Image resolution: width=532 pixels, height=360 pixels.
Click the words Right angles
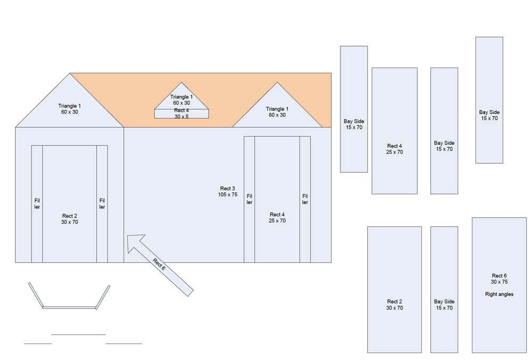pyautogui.click(x=499, y=294)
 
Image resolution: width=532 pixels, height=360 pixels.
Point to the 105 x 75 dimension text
pyautogui.click(x=228, y=195)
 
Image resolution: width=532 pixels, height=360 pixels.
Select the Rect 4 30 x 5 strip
pyautogui.click(x=181, y=114)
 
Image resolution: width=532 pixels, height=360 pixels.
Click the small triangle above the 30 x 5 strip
pyautogui.click(x=181, y=98)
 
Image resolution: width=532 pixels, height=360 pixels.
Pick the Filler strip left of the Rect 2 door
pyautogui.click(x=37, y=204)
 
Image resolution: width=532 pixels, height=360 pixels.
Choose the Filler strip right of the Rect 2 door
pyautogui.click(x=102, y=204)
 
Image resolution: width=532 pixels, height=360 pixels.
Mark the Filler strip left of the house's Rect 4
pyautogui.click(x=250, y=199)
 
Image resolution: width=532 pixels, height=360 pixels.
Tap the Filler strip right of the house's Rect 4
pyautogui.click(x=305, y=199)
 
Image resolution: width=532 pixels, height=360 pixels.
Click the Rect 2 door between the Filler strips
pyautogui.click(x=70, y=204)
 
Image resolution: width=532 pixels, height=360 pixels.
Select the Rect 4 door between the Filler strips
pyautogui.click(x=277, y=199)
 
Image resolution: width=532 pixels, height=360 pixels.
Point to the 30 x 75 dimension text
pyautogui.click(x=499, y=282)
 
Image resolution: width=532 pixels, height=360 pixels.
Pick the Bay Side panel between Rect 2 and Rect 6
pyautogui.click(x=444, y=290)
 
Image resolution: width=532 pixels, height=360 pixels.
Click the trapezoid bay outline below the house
pyautogui.click(x=70, y=307)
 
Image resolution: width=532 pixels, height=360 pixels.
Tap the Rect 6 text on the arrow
pyautogui.click(x=159, y=264)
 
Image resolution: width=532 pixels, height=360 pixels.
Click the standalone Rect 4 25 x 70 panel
pyautogui.click(x=395, y=131)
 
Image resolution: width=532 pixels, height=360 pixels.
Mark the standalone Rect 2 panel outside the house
pyautogui.click(x=395, y=290)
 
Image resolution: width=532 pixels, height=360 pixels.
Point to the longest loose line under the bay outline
pyautogui.click(x=78, y=334)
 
